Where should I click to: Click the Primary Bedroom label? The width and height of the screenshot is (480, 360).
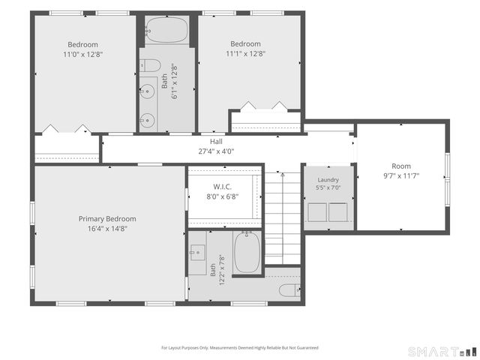pyautogui.click(x=107, y=219)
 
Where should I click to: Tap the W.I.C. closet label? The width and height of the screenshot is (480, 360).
pyautogui.click(x=222, y=187)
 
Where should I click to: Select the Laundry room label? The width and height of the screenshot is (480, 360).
pyautogui.click(x=328, y=180)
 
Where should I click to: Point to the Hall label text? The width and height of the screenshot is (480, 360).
pyautogui.click(x=216, y=142)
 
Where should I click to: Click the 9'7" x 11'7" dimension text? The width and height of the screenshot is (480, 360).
pyautogui.click(x=401, y=175)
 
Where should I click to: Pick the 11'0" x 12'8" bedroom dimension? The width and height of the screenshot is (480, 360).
pyautogui.click(x=82, y=55)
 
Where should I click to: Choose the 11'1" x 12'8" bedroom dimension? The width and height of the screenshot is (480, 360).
pyautogui.click(x=245, y=54)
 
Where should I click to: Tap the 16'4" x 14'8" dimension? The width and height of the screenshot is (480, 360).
pyautogui.click(x=107, y=229)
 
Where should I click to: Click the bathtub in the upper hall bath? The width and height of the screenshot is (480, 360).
pyautogui.click(x=166, y=30)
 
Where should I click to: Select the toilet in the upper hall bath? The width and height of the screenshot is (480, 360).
pyautogui.click(x=151, y=65)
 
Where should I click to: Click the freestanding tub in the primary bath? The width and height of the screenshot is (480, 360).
pyautogui.click(x=247, y=252)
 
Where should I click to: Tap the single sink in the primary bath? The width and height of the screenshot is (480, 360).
pyautogui.click(x=197, y=253)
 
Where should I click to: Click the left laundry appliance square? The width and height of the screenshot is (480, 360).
pyautogui.click(x=317, y=212)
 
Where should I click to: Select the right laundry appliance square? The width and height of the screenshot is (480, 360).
pyautogui.click(x=338, y=212)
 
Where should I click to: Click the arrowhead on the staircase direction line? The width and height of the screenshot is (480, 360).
pyautogui.click(x=283, y=175)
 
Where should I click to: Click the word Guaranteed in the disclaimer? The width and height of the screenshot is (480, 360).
pyautogui.click(x=308, y=348)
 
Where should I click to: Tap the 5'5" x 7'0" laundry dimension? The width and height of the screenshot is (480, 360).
pyautogui.click(x=328, y=187)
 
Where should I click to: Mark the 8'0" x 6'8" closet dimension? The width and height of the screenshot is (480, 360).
pyautogui.click(x=222, y=196)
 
